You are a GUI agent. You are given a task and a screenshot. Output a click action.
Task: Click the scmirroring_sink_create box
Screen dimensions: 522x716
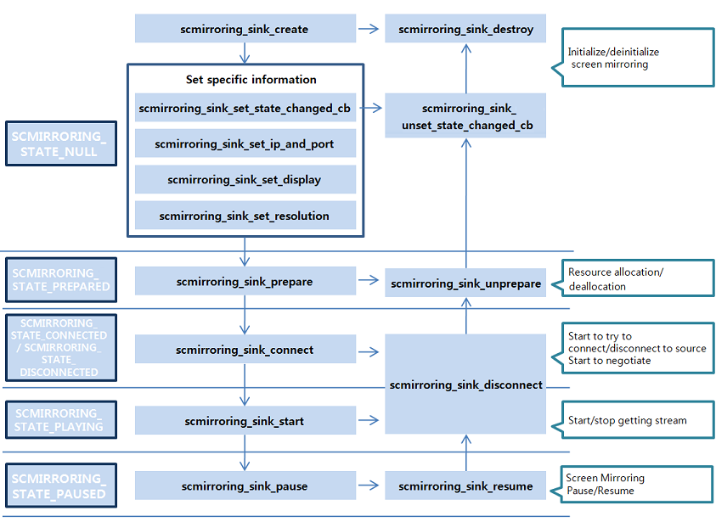(x=245, y=29)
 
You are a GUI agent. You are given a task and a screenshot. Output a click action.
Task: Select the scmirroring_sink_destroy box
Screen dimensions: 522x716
(x=465, y=29)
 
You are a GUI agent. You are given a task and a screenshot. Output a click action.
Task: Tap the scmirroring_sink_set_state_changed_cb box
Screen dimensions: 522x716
(x=245, y=108)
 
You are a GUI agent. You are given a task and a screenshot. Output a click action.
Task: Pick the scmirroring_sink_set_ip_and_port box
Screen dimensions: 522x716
(x=245, y=144)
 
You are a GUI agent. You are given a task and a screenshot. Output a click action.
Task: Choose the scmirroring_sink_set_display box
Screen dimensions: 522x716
(x=245, y=180)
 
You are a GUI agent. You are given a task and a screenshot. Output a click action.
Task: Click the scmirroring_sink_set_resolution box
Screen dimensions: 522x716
(x=245, y=216)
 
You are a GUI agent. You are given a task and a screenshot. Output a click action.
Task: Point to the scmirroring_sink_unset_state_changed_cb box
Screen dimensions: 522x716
(x=465, y=116)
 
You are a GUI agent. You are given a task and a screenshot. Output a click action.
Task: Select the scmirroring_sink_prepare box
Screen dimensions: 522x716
(x=245, y=281)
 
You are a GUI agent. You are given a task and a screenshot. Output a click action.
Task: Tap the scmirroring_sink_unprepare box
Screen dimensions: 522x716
(x=465, y=283)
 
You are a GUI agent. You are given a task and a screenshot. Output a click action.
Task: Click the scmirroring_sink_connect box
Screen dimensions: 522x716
(x=245, y=350)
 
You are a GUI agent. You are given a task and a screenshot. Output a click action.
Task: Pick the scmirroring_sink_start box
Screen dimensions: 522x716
(x=245, y=421)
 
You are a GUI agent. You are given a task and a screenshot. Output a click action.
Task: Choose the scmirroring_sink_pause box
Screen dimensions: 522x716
(x=245, y=486)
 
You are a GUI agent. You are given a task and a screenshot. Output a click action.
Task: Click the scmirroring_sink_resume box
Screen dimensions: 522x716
(x=465, y=486)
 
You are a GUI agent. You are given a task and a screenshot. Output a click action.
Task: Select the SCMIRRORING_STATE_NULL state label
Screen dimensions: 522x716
(x=60, y=143)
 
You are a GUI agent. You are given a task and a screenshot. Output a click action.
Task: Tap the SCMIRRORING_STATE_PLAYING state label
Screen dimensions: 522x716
(x=60, y=420)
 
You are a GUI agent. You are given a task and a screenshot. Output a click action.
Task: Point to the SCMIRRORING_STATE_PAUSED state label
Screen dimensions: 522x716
(x=60, y=486)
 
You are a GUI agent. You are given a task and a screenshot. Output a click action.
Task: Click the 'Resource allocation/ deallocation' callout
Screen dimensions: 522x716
(x=637, y=278)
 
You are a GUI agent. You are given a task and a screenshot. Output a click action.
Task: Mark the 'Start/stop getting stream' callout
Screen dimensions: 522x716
(x=637, y=419)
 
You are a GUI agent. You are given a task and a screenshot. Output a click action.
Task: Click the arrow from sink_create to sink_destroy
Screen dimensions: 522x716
(x=369, y=29)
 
